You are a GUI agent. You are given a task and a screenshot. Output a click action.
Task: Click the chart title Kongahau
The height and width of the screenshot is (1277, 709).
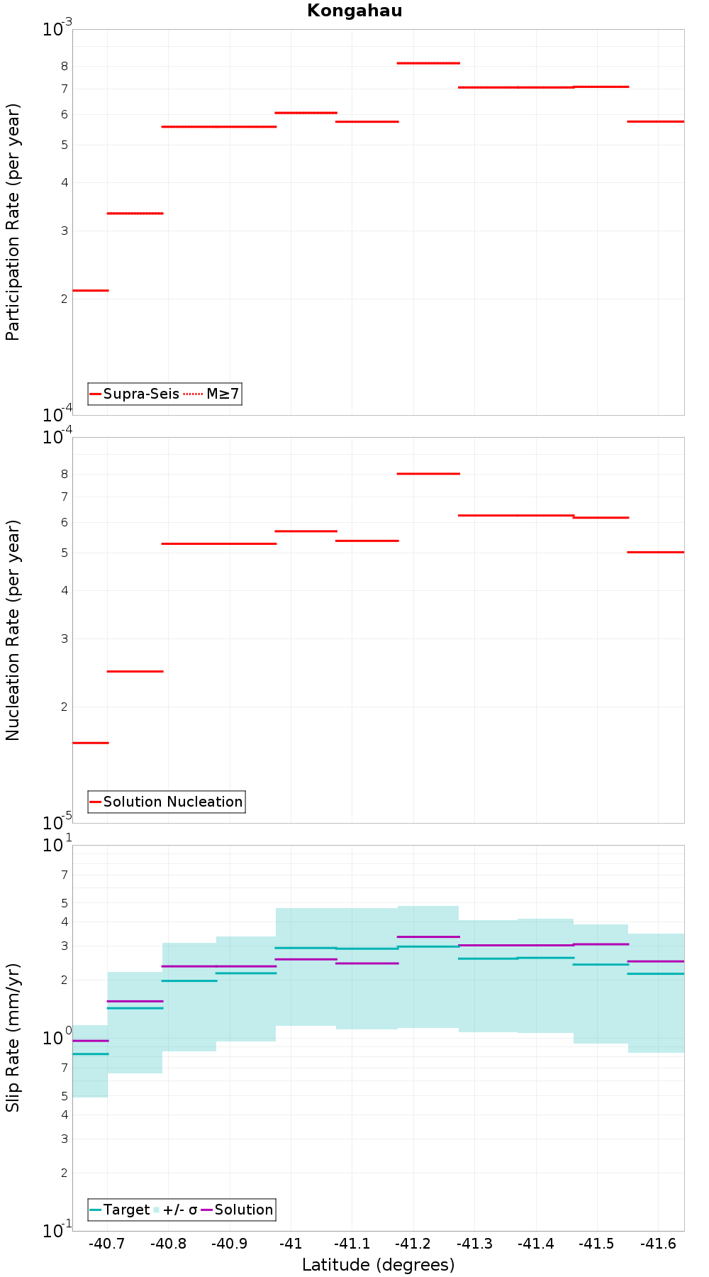coord(354,11)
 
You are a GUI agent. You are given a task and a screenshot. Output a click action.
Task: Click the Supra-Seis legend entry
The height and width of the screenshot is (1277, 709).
coord(135,394)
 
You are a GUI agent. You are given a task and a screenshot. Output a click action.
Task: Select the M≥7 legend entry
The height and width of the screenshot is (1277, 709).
coord(212,394)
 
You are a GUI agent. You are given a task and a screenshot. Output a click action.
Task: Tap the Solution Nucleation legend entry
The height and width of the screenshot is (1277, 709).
coord(167,802)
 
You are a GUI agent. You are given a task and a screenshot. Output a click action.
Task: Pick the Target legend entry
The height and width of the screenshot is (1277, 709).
coord(120,1210)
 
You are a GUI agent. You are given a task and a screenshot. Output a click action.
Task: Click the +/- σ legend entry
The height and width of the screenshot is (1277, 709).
coord(176,1210)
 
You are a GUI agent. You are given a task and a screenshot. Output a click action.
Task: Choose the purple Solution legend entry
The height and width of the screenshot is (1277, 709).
coord(238,1210)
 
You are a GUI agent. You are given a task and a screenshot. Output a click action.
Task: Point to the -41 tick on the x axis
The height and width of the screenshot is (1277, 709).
coord(291,1244)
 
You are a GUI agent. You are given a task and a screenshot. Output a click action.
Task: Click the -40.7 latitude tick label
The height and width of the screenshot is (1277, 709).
coord(107,1244)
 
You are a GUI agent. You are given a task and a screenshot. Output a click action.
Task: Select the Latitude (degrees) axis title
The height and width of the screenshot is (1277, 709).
coord(378,1265)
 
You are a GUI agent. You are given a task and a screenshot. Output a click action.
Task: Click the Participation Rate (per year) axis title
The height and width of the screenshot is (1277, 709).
coord(13,222)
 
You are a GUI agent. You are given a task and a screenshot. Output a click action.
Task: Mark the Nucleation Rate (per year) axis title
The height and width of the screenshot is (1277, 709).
coord(13,631)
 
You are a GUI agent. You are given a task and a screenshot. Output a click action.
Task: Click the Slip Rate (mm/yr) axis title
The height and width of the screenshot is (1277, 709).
coord(13,1037)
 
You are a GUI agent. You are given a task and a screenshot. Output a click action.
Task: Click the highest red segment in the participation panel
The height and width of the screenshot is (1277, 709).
coord(428,63)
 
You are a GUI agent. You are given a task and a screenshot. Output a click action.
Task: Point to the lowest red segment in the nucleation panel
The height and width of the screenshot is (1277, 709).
coord(91,743)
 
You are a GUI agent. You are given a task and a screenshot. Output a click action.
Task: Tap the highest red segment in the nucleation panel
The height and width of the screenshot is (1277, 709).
coord(428,473)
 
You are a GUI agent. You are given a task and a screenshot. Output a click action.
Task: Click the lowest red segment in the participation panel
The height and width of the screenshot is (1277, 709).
coord(91,290)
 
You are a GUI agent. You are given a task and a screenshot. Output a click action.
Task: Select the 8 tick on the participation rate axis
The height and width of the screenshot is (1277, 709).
coord(64,66)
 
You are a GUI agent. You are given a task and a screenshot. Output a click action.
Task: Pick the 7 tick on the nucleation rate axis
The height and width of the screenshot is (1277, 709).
coord(64,497)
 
